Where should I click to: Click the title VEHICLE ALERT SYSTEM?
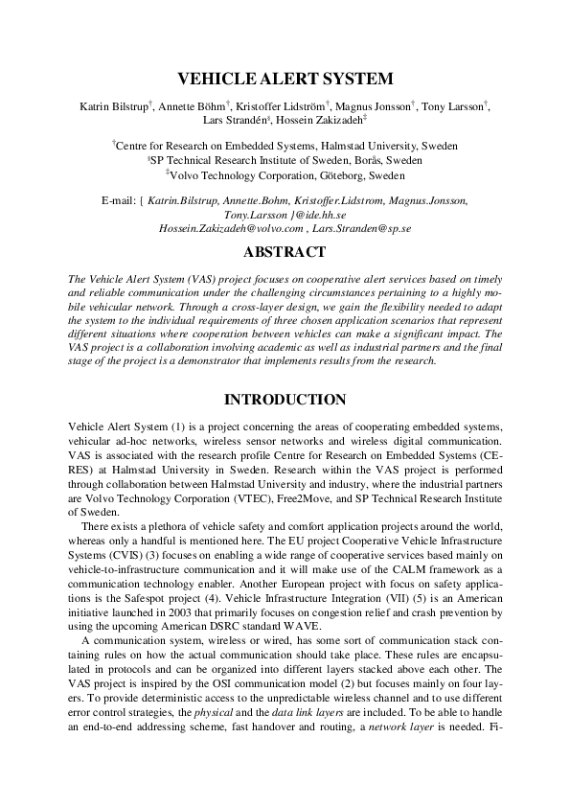285,80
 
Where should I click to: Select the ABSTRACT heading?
285,253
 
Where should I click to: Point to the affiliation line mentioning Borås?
285,161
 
